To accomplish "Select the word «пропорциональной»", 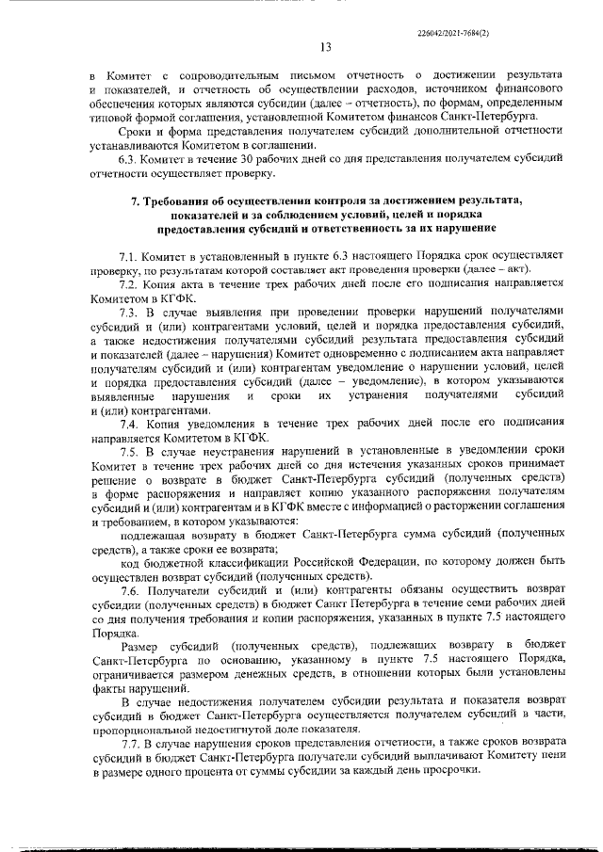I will pyautogui.click(x=142, y=730).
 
